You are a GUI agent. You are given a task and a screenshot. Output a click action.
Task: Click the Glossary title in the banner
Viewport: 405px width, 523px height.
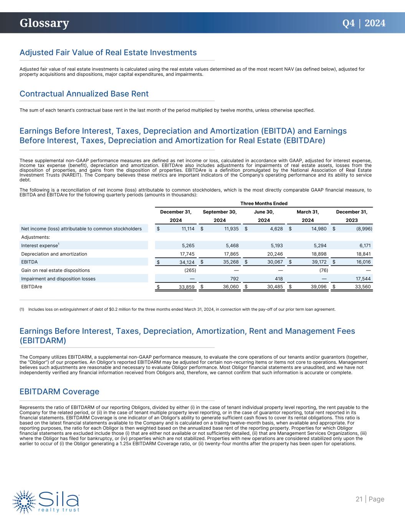pyautogui.click(x=44, y=23)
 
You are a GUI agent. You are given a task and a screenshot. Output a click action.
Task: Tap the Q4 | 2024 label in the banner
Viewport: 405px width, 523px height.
pyautogui.click(x=364, y=23)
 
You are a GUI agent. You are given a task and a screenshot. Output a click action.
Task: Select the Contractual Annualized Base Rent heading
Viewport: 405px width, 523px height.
pyautogui.click(x=84, y=94)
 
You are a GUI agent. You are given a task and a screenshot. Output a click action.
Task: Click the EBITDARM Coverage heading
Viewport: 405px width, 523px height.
pyautogui.click(x=60, y=392)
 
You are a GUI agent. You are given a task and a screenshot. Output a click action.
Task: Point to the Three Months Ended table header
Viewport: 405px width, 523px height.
pyautogui.click(x=264, y=203)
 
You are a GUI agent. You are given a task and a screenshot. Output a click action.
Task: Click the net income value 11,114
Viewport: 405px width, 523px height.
pyautogui.click(x=187, y=229)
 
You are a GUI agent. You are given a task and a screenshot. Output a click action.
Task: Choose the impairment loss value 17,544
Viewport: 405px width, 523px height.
pyautogui.click(x=363, y=279)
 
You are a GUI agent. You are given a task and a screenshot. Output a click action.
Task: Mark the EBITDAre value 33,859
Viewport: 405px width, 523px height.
pyautogui.click(x=187, y=287)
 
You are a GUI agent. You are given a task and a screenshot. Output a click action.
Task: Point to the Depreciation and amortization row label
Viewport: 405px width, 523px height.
pyautogui.click(x=54, y=254)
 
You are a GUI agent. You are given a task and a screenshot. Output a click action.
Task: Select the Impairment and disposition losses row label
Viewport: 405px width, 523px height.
pyautogui.click(x=58, y=279)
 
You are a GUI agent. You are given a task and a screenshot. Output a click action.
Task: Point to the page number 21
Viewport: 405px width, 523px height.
pyautogui.click(x=359, y=499)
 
